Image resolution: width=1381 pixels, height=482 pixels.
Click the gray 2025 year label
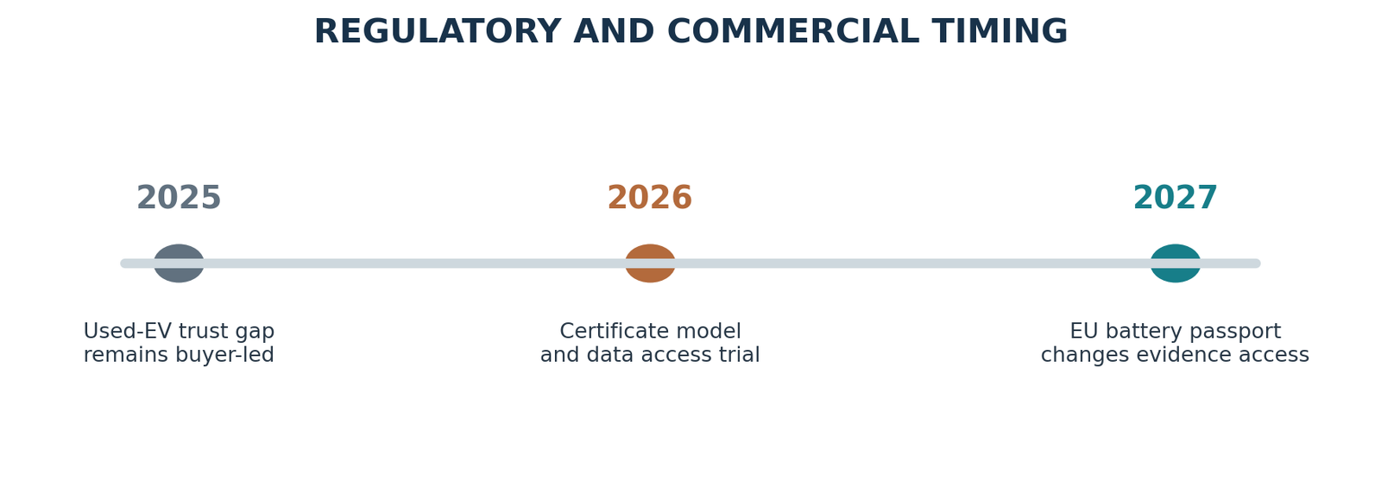tap(179, 198)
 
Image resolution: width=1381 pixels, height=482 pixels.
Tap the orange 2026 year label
tap(650, 198)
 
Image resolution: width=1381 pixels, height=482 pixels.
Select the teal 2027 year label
tap(1175, 198)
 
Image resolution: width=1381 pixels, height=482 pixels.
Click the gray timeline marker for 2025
tap(179, 263)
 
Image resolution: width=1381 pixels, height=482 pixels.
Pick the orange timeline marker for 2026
tap(650, 263)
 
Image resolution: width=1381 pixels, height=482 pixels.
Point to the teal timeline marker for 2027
tap(1175, 263)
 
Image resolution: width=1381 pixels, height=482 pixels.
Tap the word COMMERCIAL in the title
tap(793, 31)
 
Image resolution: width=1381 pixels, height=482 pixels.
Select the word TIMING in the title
tap(999, 31)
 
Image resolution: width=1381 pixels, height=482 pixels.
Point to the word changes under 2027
tap(1075, 356)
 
